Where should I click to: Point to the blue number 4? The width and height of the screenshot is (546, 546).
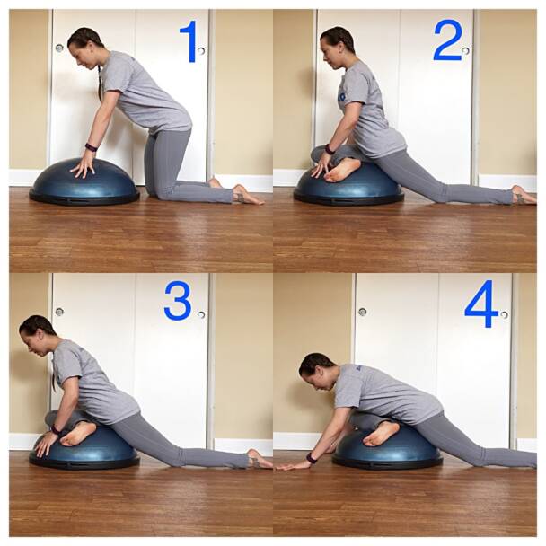(481, 304)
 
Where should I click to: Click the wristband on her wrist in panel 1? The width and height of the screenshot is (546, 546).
(91, 146)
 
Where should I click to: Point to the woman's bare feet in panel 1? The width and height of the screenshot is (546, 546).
(242, 192)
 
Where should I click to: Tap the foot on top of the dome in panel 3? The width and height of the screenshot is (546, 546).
(78, 433)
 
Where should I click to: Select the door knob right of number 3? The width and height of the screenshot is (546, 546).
(202, 314)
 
